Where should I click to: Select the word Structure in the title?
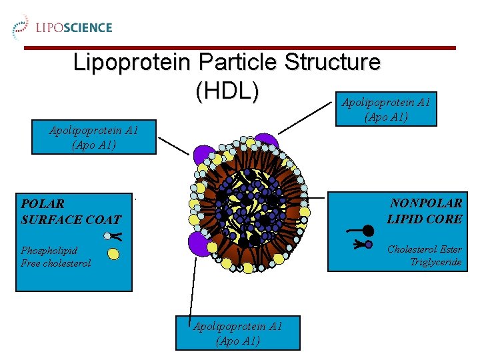pos(331,63)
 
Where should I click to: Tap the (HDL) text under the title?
pos(227,92)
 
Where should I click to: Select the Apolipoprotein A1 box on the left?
pos(93,137)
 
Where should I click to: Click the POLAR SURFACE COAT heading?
pos(71,211)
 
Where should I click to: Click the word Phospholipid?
pos(49,251)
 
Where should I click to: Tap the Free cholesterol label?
pos(55,263)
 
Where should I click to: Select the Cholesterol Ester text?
pos(424,249)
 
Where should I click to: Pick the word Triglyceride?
pos(435,262)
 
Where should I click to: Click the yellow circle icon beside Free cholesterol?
pos(113,253)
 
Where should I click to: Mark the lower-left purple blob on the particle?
pos(199,243)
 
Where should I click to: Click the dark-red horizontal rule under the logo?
pos(240,48)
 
